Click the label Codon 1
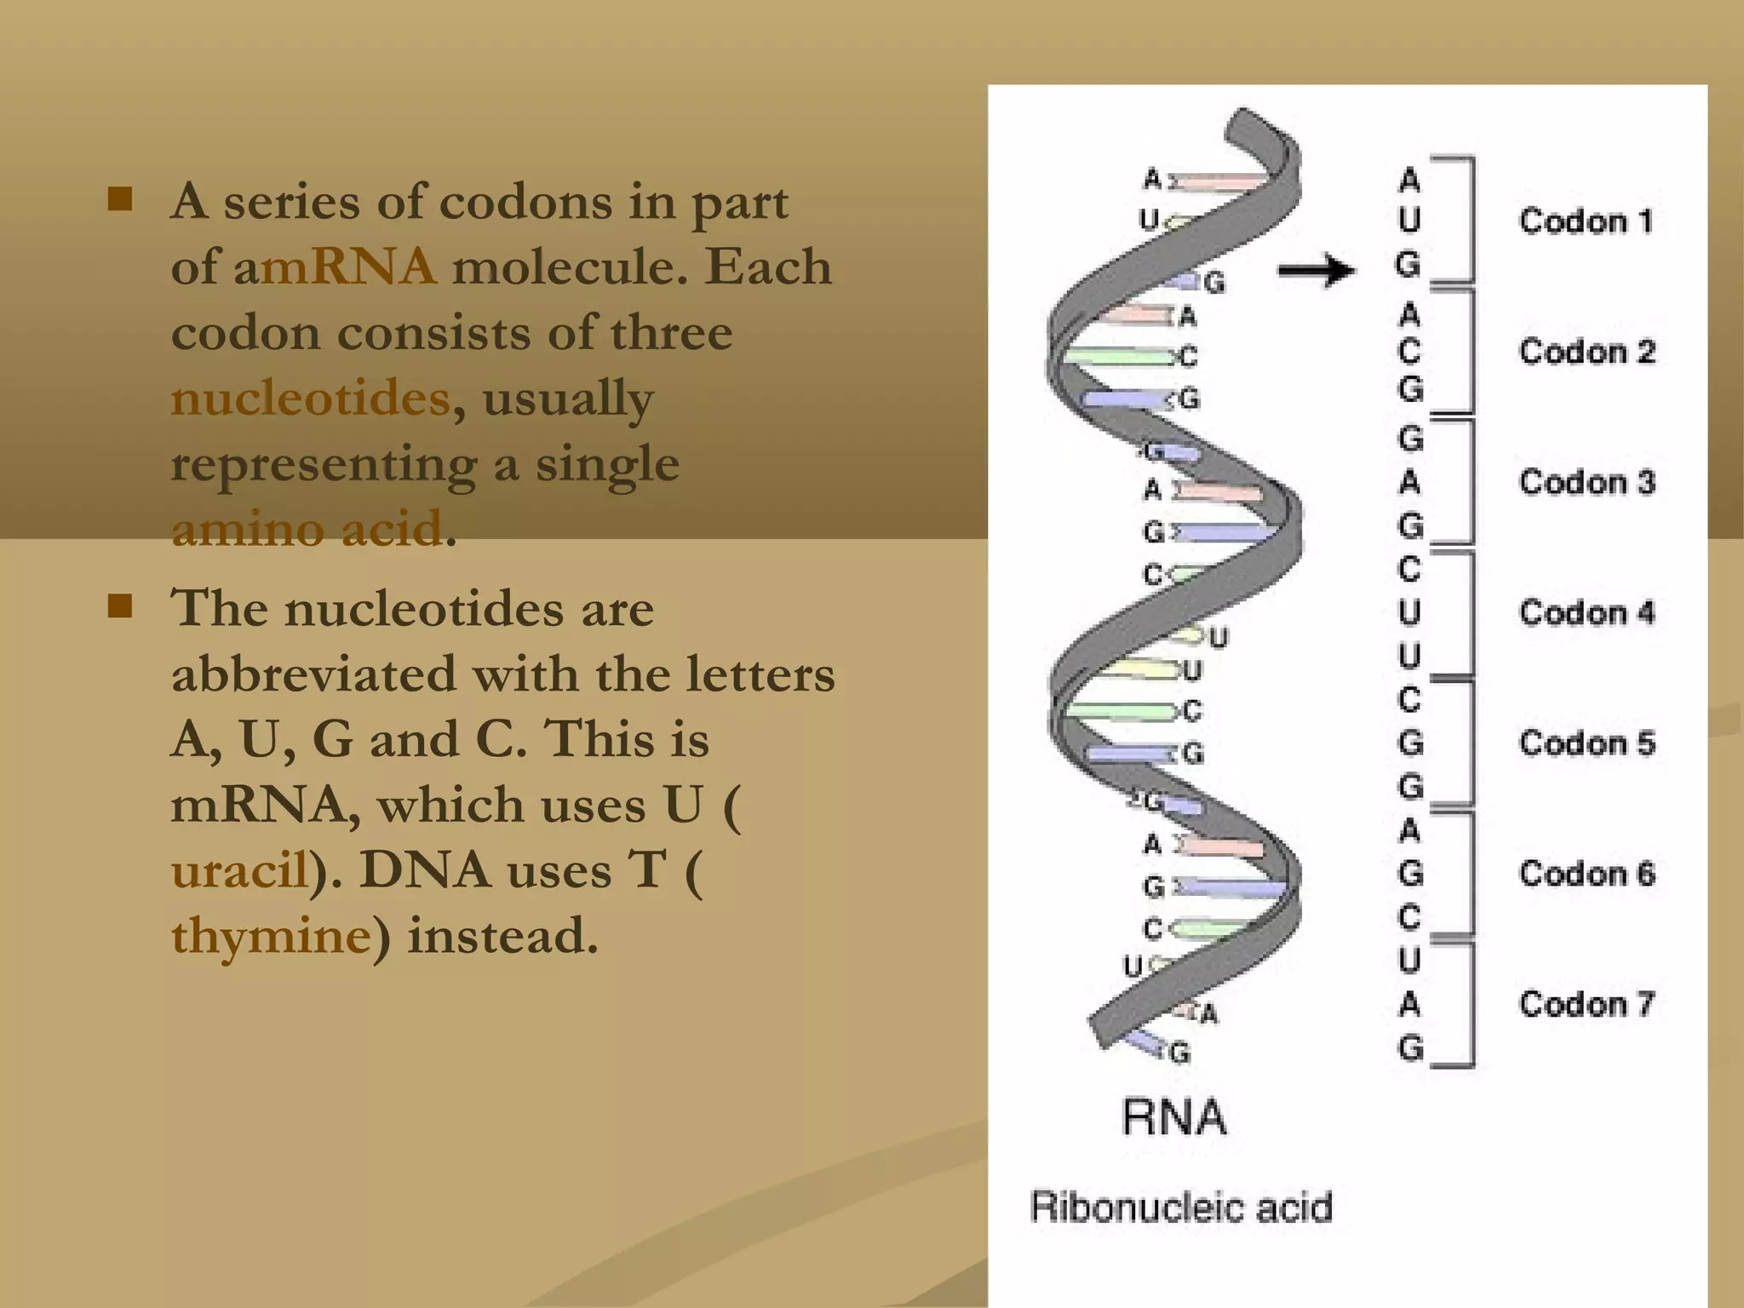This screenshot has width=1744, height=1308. pos(1586,221)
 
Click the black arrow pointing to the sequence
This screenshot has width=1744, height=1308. pos(1317,271)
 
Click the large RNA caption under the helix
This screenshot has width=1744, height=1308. pos(1174,1117)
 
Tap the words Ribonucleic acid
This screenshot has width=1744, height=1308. pos(1181,1207)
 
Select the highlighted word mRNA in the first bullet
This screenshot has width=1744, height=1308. pos(348,267)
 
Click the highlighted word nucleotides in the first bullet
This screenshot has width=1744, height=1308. pos(310,398)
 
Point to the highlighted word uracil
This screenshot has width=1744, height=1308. pos(239,870)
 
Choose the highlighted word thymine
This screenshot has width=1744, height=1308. pos(271,936)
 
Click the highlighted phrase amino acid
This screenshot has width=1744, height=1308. pos(307,529)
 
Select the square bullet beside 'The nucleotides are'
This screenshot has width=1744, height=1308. pos(120,606)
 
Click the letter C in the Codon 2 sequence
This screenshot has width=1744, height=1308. pos(1409,351)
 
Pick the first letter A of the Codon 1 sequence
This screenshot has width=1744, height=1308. pos(1409,181)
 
